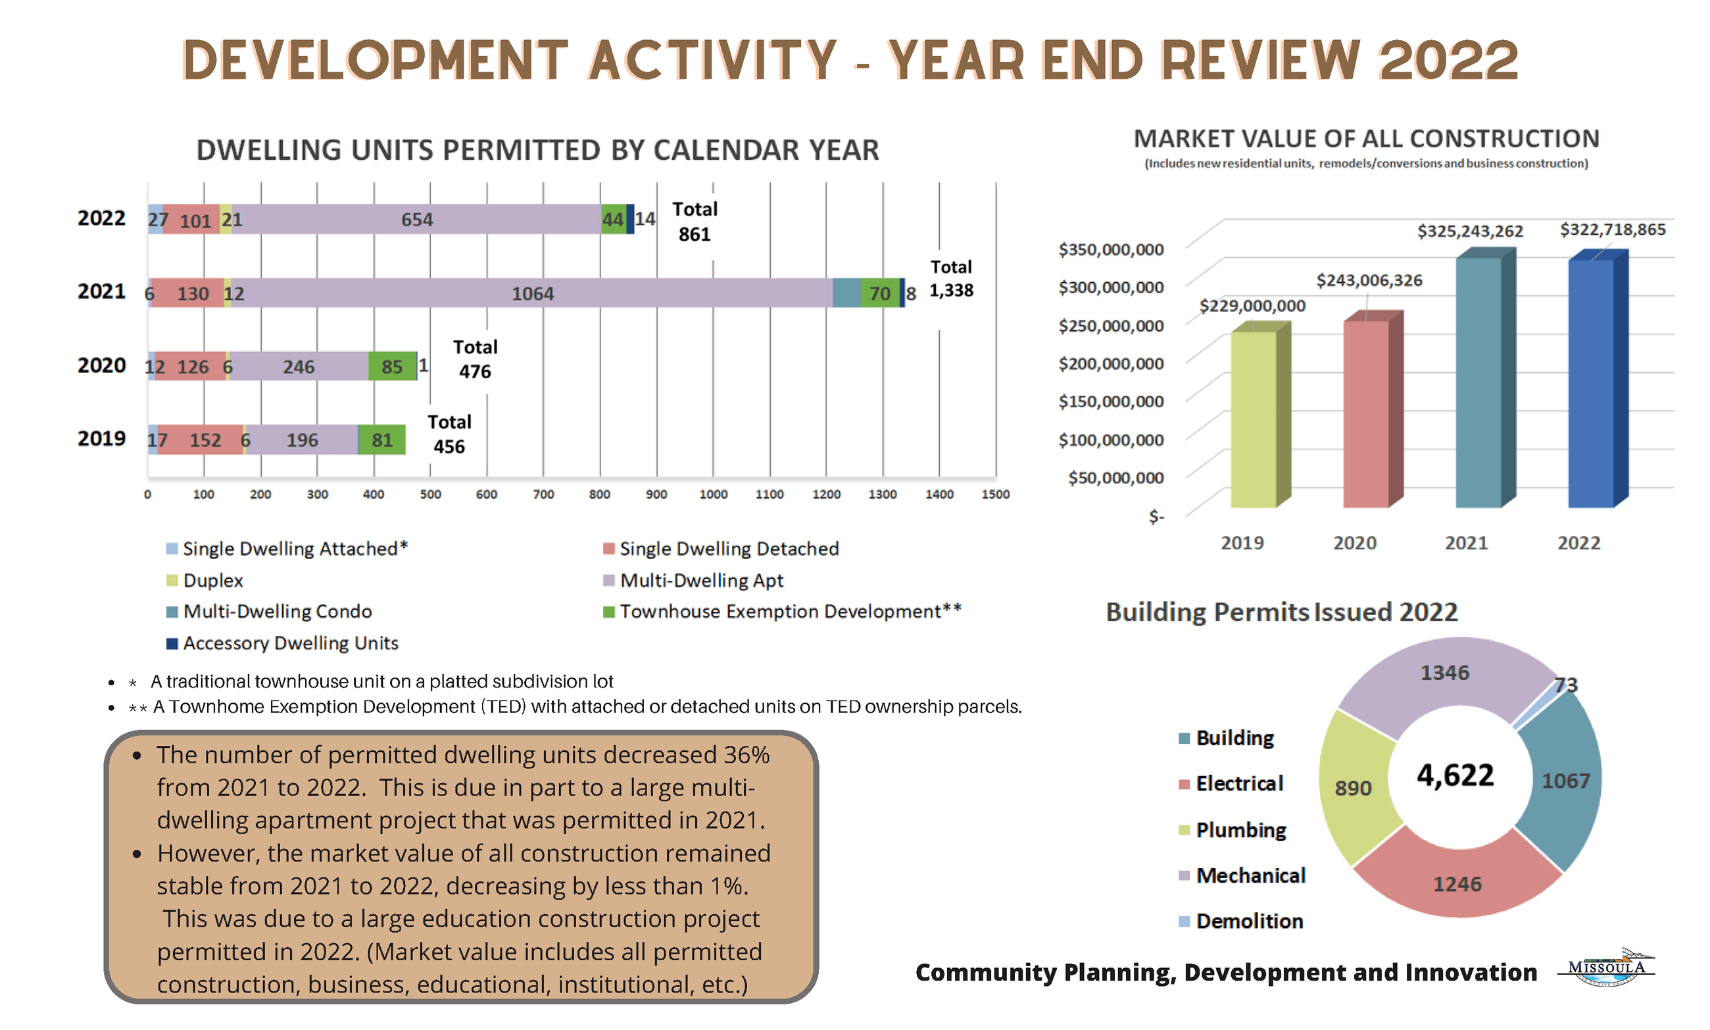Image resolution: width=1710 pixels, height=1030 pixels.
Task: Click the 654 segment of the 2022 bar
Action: click(416, 219)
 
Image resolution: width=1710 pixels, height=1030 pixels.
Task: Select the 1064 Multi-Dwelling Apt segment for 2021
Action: click(532, 293)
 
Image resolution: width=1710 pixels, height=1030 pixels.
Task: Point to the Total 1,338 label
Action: click(951, 278)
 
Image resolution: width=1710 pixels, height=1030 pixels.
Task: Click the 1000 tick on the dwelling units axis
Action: click(713, 494)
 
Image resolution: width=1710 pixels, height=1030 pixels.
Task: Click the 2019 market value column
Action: click(1254, 420)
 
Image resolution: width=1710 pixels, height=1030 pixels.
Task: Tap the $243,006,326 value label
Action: click(1369, 280)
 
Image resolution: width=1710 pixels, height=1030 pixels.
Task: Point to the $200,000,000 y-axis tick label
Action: click(1110, 363)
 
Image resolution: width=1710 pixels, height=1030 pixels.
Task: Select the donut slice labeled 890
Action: click(1353, 788)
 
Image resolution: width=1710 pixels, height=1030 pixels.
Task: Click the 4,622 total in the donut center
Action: click(1455, 775)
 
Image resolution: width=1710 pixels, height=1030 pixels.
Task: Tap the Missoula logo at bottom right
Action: click(1606, 967)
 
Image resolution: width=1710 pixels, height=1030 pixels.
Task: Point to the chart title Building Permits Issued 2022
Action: click(1281, 612)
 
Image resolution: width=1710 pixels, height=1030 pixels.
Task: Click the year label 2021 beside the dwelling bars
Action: click(101, 291)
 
